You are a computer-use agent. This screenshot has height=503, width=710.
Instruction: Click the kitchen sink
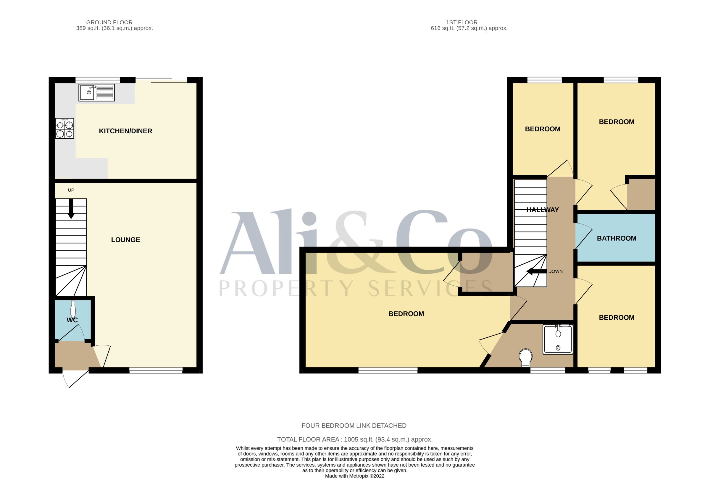[97, 92]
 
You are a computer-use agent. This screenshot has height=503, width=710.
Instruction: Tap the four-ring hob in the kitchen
[65, 128]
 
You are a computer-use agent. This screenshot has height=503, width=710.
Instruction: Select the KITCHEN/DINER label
[125, 131]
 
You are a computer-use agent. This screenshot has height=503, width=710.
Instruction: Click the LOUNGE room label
[125, 240]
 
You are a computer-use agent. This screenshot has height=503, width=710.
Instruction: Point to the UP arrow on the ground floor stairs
[71, 209]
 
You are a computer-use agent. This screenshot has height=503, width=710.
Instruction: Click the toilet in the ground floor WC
[73, 309]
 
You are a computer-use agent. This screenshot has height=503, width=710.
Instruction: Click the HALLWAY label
[543, 210]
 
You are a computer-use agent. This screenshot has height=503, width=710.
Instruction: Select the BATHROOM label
[617, 238]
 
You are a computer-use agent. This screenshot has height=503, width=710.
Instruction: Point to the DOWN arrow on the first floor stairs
[537, 272]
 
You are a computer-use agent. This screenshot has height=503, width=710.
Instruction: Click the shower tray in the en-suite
[558, 339]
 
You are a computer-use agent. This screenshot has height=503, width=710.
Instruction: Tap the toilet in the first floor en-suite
[526, 358]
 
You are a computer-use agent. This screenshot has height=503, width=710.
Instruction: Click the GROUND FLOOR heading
[109, 22]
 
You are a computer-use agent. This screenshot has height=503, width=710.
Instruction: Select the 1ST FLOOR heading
[461, 22]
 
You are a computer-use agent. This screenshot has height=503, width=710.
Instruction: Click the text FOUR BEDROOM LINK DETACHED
[354, 426]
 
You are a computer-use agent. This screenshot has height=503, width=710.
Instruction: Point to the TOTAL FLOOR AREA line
[355, 439]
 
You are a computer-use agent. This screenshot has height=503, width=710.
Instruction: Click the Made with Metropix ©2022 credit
[355, 476]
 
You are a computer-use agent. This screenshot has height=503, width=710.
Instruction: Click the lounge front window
[156, 370]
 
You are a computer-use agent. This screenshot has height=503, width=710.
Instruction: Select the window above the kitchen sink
[98, 80]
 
